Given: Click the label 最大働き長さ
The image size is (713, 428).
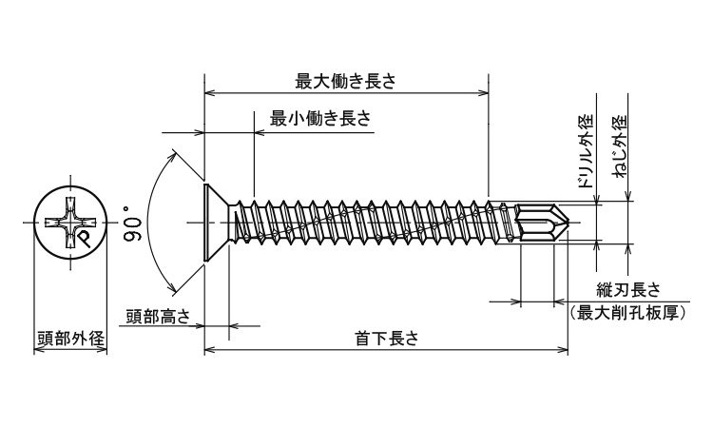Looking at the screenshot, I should (x=345, y=82).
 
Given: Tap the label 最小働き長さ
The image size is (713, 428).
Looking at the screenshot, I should (x=320, y=119).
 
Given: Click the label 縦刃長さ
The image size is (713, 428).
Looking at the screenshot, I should (x=627, y=290).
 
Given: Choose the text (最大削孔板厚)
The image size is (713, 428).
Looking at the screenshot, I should (x=627, y=312).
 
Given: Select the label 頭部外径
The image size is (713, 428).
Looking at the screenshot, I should (x=70, y=339).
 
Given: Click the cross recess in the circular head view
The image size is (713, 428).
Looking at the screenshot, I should (x=70, y=224).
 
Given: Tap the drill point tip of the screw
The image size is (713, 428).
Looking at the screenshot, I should (x=568, y=224).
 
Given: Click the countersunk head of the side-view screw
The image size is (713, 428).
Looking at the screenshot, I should (x=217, y=224).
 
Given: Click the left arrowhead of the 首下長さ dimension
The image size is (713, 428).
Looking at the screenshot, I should (x=209, y=350).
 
